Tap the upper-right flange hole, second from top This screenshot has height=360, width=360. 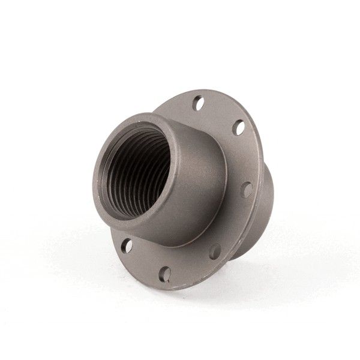click(x=239, y=127)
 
